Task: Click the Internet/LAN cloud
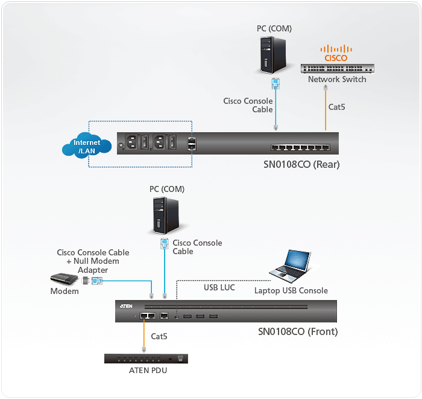[87, 147]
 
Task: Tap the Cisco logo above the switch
[336, 53]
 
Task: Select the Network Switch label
[337, 80]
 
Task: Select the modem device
[66, 279]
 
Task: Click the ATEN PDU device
[146, 359]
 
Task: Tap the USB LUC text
[219, 288]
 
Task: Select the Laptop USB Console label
[291, 291]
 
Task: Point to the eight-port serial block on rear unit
[300, 147]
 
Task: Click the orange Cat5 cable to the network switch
[326, 115]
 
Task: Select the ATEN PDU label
[148, 370]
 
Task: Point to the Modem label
[65, 292]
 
